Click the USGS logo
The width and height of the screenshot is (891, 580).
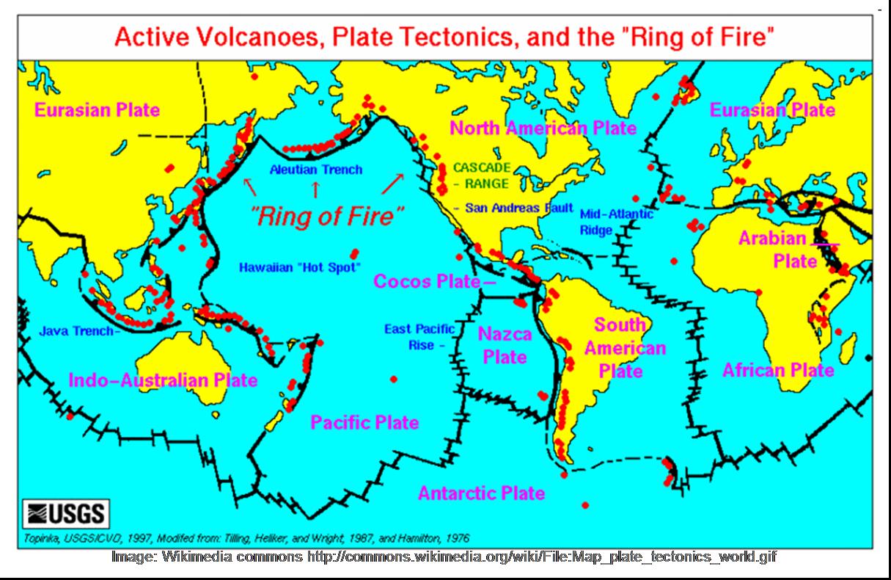click(67, 512)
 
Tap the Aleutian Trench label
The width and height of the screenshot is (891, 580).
click(315, 170)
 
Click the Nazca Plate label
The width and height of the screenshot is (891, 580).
click(505, 346)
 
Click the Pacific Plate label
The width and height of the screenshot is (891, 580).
click(364, 422)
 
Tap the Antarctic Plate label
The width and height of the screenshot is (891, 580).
click(481, 493)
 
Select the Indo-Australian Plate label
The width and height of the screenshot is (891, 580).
click(163, 380)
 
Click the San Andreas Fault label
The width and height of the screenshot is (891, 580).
click(513, 209)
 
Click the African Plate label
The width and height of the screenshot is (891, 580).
click(778, 370)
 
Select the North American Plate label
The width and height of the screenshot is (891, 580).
click(543, 128)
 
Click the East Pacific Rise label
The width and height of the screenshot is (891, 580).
click(419, 337)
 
